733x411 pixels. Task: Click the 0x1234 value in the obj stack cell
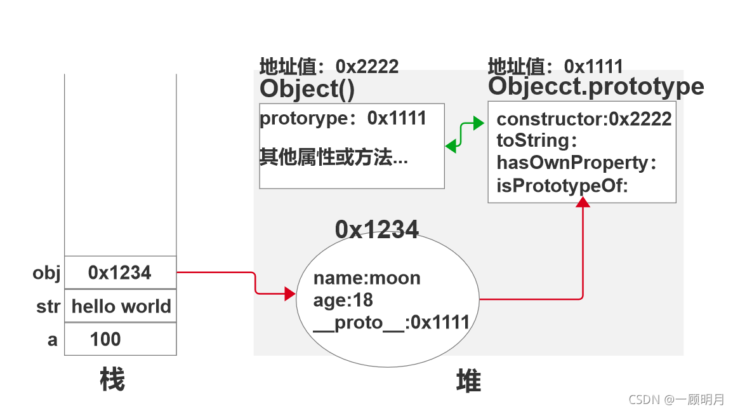coord(120,273)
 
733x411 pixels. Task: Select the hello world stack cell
coord(121,306)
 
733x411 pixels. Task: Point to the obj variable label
coord(46,273)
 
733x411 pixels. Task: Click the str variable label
coord(48,307)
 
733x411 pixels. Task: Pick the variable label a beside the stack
coord(52,340)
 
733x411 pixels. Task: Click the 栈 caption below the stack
coord(112,381)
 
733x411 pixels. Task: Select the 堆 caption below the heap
coord(468,382)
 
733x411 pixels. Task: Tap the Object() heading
coord(307,89)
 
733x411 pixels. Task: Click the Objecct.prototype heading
coord(596,86)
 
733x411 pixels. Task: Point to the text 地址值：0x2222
coord(329,67)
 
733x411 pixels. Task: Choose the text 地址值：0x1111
coord(555,66)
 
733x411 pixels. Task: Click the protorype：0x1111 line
coord(343,118)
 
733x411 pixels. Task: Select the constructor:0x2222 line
coord(584,119)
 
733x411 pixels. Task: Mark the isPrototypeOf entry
coord(562,186)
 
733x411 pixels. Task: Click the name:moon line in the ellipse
coord(367,278)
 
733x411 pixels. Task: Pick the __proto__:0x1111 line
coord(391,323)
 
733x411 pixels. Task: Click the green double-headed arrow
coord(465,134)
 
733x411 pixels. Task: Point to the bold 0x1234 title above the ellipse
coord(377,229)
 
